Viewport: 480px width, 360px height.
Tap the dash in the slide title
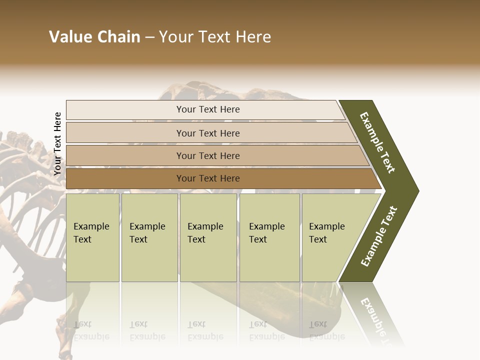(149, 37)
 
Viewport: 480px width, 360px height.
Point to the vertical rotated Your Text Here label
(57, 144)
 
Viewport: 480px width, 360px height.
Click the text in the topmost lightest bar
(208, 109)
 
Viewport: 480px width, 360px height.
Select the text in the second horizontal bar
(208, 133)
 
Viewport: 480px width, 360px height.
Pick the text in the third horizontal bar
(208, 156)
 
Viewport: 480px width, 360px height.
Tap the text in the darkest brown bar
(208, 178)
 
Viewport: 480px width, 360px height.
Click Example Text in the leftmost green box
(91, 233)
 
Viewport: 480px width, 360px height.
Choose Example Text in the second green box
(147, 233)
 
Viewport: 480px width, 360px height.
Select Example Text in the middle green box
(205, 233)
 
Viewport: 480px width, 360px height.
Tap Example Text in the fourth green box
(266, 233)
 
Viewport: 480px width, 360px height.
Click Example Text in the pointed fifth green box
(326, 233)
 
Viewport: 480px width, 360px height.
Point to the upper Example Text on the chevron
(377, 142)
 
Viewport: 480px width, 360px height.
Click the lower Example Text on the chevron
(379, 236)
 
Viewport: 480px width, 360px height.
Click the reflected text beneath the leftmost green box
(91, 330)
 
